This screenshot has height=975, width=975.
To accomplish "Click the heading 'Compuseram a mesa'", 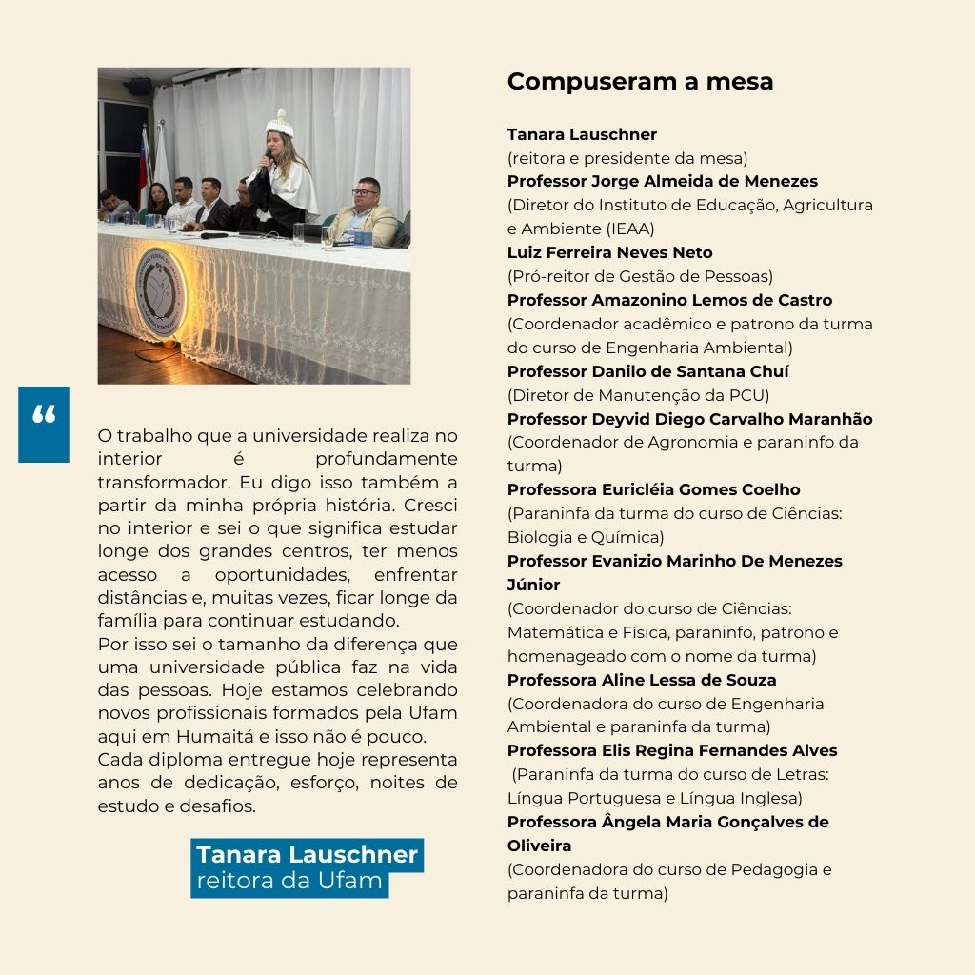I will [640, 82].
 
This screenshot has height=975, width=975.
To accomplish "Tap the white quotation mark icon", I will [44, 415].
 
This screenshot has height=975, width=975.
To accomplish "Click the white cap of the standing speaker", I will [278, 123].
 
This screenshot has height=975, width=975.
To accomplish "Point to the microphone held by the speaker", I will [264, 162].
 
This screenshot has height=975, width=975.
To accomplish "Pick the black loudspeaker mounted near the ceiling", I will [139, 87].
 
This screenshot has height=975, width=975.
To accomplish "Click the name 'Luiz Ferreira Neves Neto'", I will [609, 252].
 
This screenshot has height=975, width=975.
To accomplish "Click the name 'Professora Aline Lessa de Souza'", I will [641, 680].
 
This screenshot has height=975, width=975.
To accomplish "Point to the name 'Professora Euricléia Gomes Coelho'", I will [653, 489].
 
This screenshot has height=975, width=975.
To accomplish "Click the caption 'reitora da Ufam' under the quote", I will [289, 881].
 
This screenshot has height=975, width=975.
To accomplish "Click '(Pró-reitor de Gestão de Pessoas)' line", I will [640, 276].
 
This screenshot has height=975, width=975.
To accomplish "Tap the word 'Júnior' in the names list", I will [533, 585].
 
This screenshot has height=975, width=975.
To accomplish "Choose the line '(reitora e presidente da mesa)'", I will [627, 158].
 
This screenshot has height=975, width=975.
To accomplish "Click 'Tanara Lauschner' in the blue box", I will [307, 854].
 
